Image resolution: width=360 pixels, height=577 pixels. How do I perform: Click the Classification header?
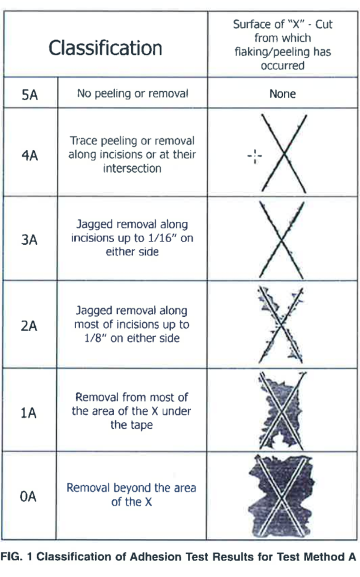point(105,48)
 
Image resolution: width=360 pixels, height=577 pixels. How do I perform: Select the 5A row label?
point(30,95)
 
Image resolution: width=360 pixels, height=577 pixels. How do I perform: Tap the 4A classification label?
point(30,155)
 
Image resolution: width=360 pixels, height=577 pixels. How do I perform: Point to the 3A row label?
point(29,240)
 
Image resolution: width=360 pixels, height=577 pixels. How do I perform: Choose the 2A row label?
point(29,326)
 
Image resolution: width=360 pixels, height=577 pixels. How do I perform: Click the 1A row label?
point(29,413)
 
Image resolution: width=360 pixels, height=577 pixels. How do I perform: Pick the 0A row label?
point(28,497)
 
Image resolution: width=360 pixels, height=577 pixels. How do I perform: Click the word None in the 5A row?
point(282,94)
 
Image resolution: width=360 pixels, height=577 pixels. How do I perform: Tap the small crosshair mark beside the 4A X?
point(255,156)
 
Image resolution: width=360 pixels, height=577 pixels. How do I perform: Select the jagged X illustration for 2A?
point(281,325)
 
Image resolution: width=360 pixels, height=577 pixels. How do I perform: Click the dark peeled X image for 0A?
point(282,496)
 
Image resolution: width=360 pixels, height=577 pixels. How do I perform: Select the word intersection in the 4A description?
point(132,168)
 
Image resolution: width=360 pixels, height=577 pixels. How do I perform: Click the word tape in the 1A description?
point(142,425)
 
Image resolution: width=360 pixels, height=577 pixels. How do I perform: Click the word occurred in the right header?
point(282,66)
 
